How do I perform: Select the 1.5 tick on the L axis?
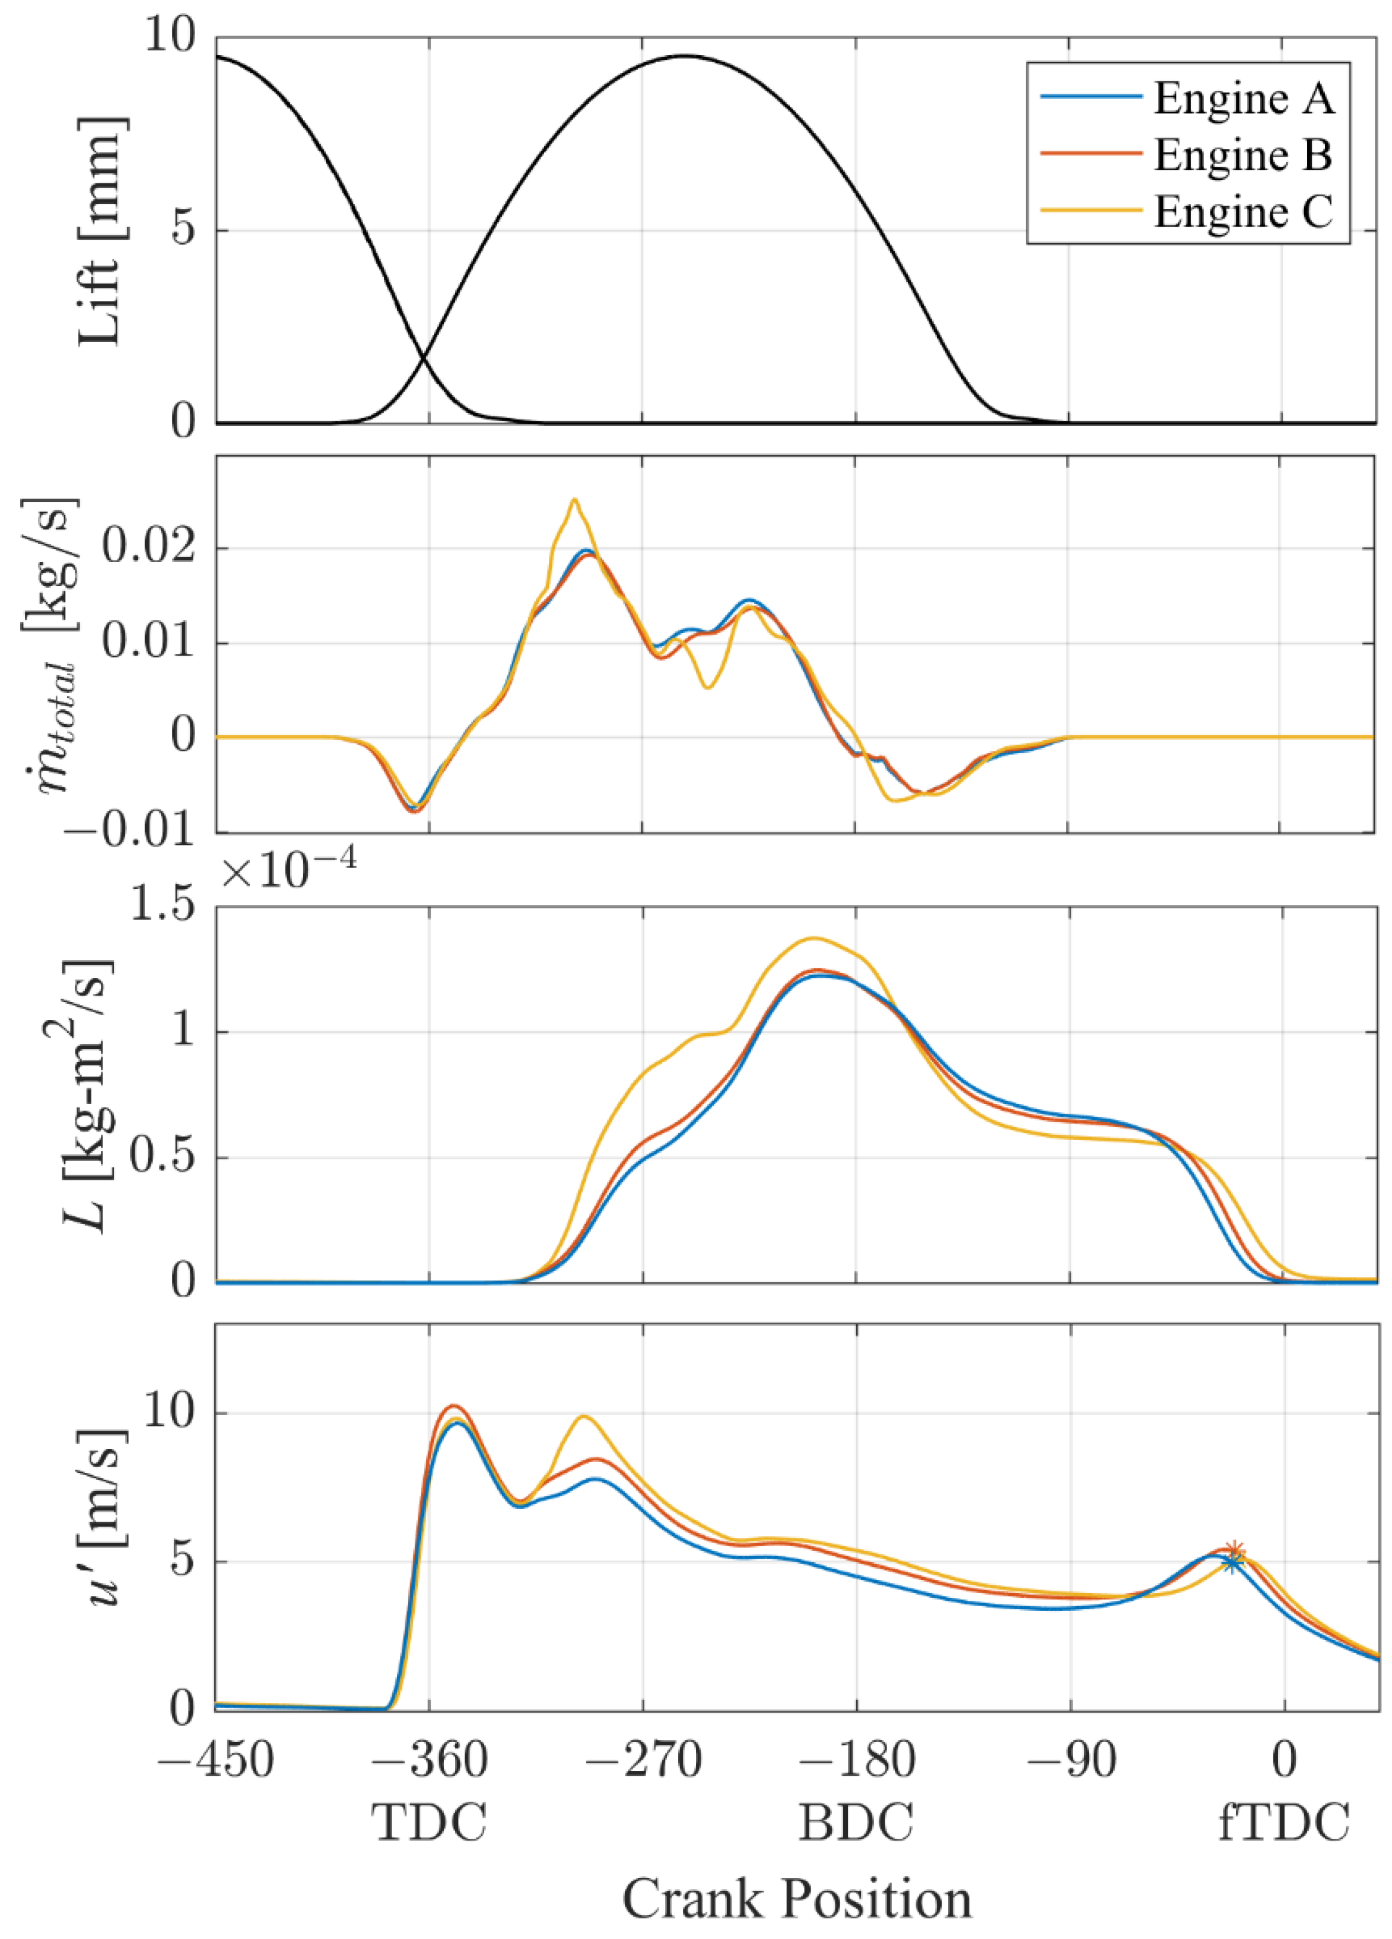click(x=163, y=906)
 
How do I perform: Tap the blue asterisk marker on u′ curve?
click(x=1231, y=1563)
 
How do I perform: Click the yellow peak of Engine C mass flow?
click(x=574, y=500)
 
